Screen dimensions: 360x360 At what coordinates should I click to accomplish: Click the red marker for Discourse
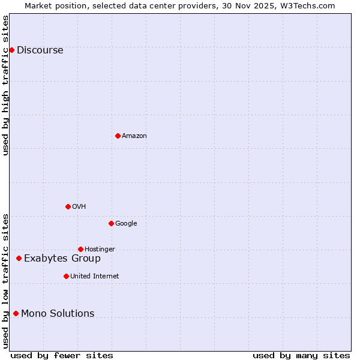click(x=11, y=50)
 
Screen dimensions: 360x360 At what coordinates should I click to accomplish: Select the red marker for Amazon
click(x=118, y=136)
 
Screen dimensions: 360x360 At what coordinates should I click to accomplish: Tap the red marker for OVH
click(x=68, y=206)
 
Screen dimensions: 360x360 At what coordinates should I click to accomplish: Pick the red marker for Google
click(x=111, y=223)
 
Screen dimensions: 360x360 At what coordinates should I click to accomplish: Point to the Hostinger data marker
click(x=80, y=249)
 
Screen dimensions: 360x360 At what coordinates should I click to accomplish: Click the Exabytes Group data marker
click(x=19, y=258)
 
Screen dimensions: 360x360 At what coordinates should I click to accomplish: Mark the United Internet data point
click(x=66, y=276)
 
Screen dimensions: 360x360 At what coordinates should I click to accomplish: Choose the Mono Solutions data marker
click(x=16, y=313)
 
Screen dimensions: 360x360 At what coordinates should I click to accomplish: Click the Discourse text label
click(x=40, y=50)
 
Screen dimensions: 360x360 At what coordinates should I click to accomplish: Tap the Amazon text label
click(x=134, y=136)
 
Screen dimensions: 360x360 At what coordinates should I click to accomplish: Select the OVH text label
click(x=79, y=207)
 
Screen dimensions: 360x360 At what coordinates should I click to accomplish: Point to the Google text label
click(x=126, y=224)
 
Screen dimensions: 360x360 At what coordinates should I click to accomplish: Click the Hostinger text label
click(x=100, y=250)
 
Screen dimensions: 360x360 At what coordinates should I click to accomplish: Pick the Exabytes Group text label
click(x=62, y=259)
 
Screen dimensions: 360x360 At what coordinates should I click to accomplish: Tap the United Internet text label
click(x=94, y=277)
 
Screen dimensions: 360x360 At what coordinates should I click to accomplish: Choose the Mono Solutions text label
click(x=58, y=314)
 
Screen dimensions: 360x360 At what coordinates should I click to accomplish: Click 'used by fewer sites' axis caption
click(x=62, y=355)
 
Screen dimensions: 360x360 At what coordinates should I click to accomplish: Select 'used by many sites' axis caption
click(x=301, y=355)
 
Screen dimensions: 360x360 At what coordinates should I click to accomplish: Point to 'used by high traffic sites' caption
click(x=6, y=85)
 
